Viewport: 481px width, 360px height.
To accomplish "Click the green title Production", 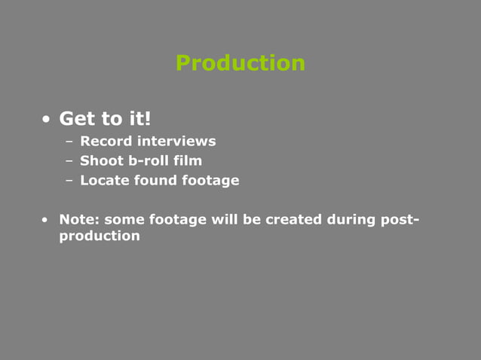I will point(240,63).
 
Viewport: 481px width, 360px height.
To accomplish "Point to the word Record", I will point(106,141).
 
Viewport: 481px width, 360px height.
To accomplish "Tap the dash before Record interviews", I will point(69,142).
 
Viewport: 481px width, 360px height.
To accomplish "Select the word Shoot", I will point(100,160).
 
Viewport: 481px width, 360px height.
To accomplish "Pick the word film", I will point(188,160).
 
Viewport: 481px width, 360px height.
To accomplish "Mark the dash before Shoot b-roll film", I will point(69,161).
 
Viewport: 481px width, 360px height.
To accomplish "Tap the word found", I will point(155,180).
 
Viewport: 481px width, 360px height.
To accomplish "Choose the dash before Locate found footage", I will point(69,181).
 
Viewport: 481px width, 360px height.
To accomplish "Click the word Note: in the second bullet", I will point(79,220).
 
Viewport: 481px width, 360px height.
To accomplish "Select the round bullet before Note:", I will point(45,221).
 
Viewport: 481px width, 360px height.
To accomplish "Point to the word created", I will point(293,220).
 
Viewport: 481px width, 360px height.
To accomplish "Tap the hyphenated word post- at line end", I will point(400,221).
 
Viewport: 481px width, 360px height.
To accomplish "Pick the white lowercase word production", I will point(100,236).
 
